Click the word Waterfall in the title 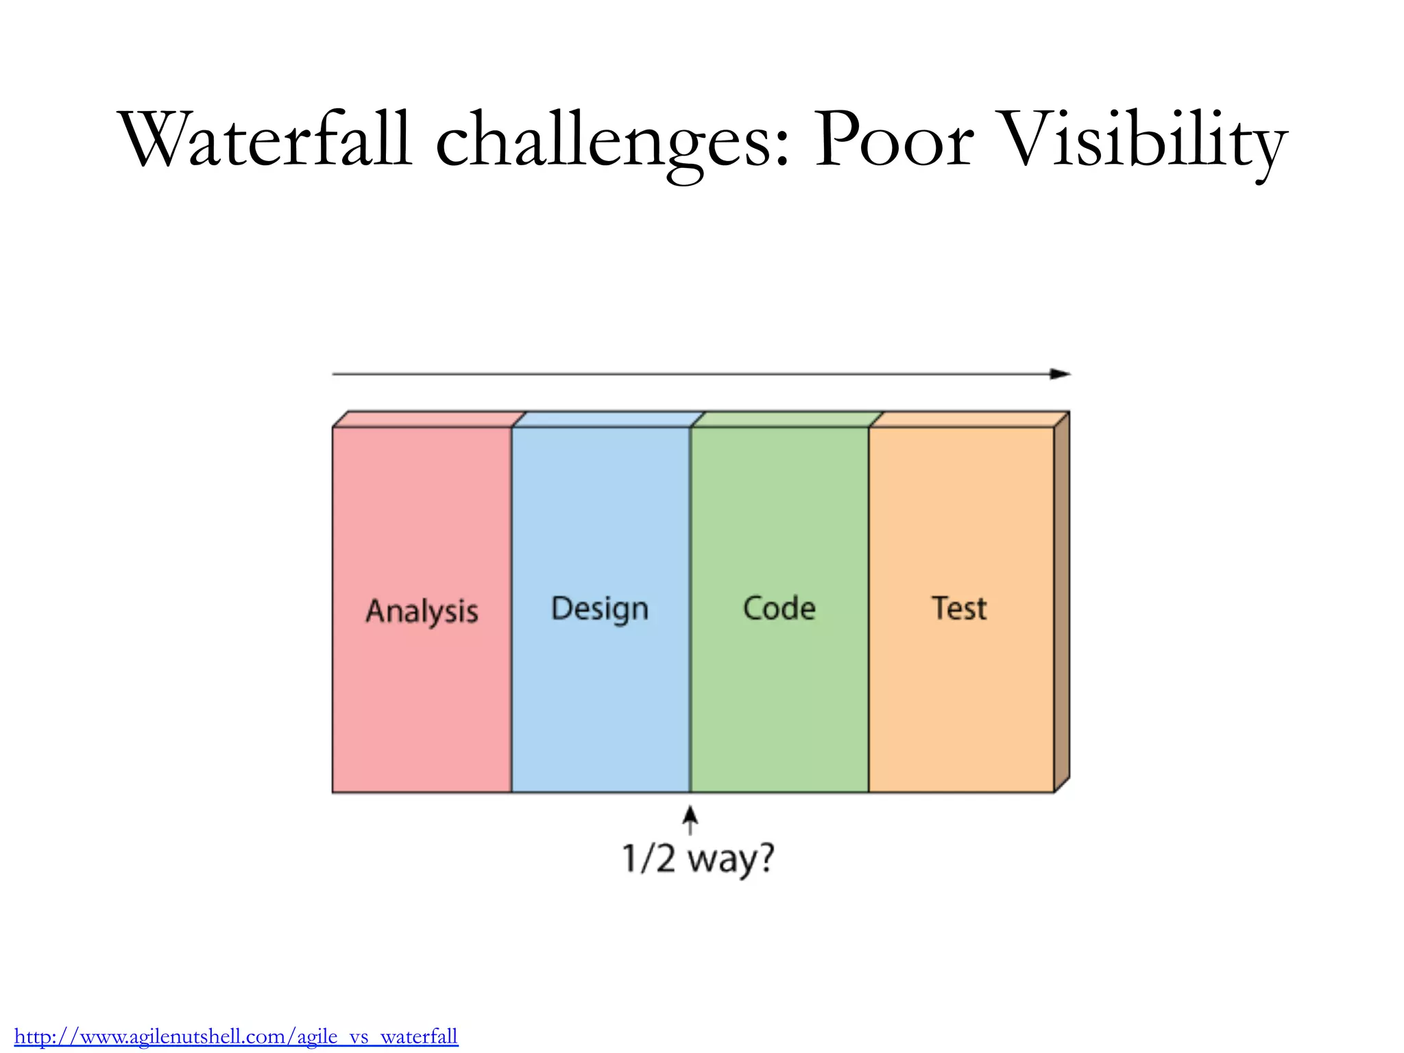pos(266,141)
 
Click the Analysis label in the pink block pos(422,611)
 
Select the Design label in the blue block pos(600,609)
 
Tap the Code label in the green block pos(779,608)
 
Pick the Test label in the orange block pos(959,608)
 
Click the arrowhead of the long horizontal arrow pos(1061,374)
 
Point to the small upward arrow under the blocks pos(690,820)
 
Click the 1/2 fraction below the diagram pos(649,858)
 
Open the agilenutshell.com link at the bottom pos(236,1036)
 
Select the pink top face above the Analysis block pos(429,419)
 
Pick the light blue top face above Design pos(609,419)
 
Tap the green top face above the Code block pos(787,419)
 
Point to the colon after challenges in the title pos(784,147)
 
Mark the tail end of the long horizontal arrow pos(335,374)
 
